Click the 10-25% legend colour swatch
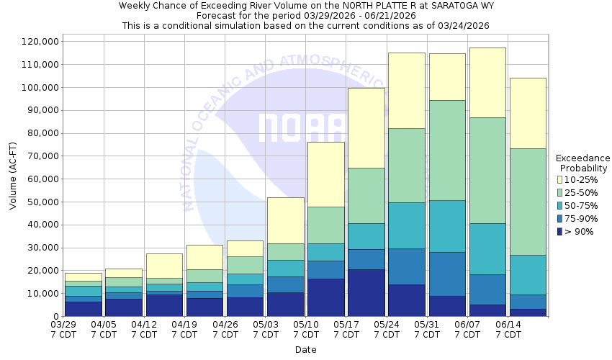pos(560,179)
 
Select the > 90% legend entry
pos(579,231)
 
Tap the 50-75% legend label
pos(582,205)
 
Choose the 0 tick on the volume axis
pos(55,316)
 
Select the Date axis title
pos(305,350)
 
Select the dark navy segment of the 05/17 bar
pos(366,292)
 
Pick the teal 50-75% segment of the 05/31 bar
pos(447,226)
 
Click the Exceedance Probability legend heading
pos(582,163)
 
